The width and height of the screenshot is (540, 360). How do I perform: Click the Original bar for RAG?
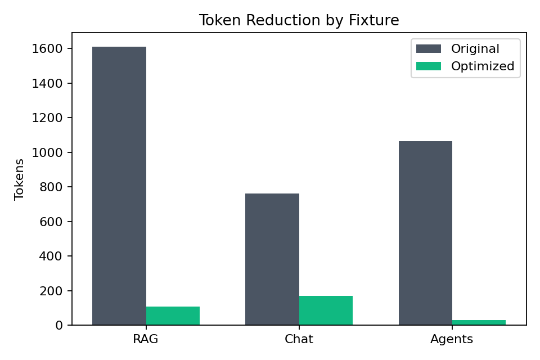tap(119, 186)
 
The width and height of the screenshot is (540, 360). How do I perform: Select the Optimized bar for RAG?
tap(173, 316)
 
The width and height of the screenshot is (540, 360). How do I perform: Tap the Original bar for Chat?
tap(272, 259)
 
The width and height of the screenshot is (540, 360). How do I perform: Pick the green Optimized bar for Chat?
tap(326, 310)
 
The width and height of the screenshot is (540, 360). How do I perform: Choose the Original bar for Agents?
tap(425, 233)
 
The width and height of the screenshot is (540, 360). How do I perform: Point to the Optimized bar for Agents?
tap(479, 322)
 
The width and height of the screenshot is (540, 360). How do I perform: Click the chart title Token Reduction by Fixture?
tap(299, 21)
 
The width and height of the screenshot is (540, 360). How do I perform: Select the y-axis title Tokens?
tap(20, 179)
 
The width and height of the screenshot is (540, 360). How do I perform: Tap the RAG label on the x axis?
tap(146, 339)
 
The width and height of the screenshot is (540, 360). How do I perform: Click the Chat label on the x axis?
tap(299, 339)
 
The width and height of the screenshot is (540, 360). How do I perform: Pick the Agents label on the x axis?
tap(452, 339)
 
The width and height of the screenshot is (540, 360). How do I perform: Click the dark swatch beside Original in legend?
tap(429, 49)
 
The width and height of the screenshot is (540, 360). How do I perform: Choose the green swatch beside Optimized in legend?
tap(429, 66)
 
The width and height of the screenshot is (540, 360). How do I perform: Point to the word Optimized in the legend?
tap(483, 66)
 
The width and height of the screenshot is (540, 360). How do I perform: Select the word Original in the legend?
tap(475, 49)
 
